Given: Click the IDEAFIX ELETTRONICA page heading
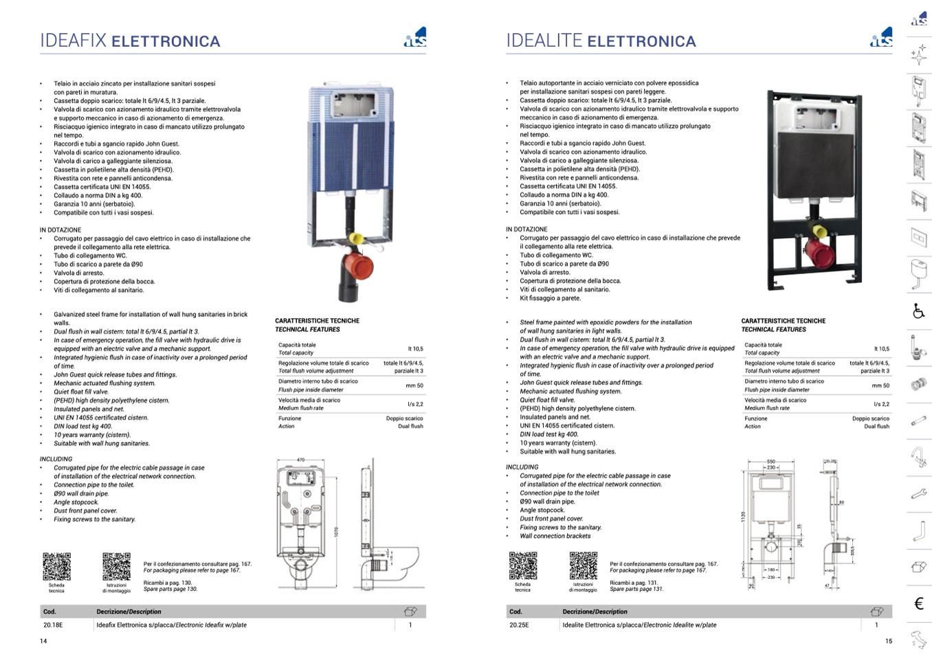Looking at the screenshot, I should pos(130,41).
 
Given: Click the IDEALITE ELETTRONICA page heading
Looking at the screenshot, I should pos(601,41).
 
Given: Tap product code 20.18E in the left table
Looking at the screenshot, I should pos(53,625).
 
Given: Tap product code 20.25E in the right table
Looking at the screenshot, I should pos(519,625).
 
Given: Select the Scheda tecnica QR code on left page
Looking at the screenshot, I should pos(56,567).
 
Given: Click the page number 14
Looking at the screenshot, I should pos(43,641).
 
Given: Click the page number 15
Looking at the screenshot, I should pos(888,641).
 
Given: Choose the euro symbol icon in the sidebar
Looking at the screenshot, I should pos(919,603).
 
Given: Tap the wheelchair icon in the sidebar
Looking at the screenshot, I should pos(919,311).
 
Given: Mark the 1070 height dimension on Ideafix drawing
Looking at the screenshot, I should pos(336,533).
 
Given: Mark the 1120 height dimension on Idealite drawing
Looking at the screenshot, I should pos(743,517).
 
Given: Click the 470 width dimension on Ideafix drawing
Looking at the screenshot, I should pos(300,460).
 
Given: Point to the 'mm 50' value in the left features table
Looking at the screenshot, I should pos(414,386).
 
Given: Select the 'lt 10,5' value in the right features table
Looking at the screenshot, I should pos(881,349).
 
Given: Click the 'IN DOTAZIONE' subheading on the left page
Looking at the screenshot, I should pos(60,230).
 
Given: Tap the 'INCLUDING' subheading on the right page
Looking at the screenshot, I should pos(521,467).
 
